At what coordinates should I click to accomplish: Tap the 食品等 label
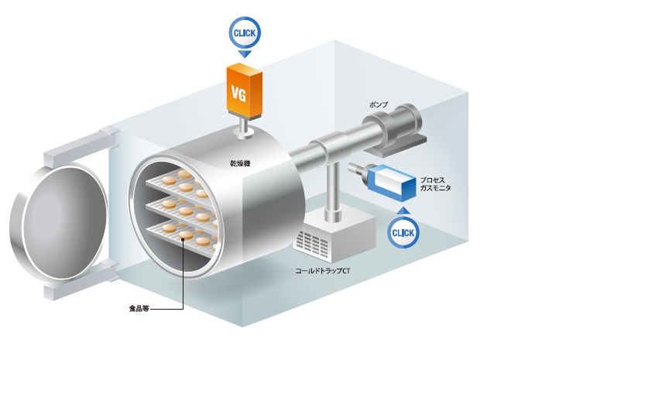pos(139,309)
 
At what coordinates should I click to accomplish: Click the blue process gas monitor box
pos(394,180)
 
